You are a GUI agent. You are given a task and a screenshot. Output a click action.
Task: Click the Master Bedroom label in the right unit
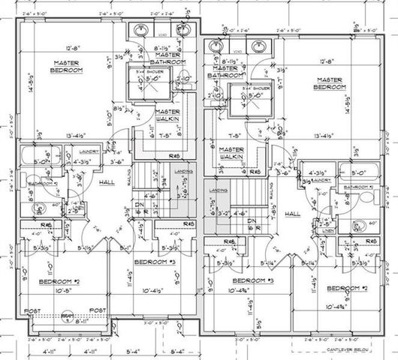[x=330, y=84]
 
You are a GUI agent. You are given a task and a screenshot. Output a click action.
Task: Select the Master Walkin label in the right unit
[x=234, y=154]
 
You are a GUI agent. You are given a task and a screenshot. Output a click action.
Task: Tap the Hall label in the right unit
[x=292, y=214]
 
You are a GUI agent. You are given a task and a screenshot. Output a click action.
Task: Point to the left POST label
[x=31, y=310]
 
